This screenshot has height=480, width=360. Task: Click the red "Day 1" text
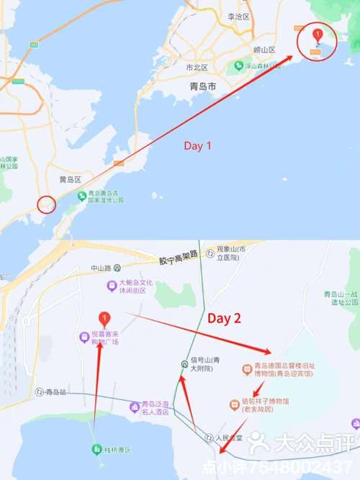[198, 146]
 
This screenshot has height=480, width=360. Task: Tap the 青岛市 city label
[202, 86]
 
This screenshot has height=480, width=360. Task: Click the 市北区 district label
[197, 68]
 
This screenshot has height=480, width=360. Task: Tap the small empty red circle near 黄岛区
[46, 204]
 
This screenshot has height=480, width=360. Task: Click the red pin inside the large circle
[315, 36]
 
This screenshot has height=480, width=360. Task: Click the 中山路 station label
[103, 268]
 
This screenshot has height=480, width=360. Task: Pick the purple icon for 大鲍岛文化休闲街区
[111, 286]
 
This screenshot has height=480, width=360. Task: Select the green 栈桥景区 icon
[95, 449]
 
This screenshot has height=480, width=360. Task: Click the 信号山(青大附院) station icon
[184, 363]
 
